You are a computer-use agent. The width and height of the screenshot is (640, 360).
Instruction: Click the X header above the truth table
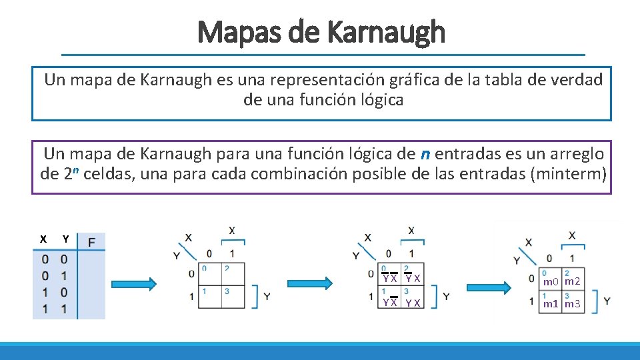click(x=43, y=239)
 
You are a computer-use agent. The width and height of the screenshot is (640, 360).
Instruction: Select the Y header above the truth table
click(x=65, y=239)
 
